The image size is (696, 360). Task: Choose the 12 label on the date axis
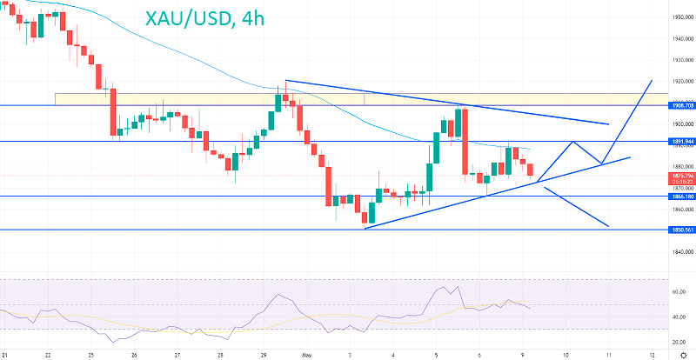click(x=651, y=355)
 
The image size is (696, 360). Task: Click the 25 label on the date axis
click(x=90, y=355)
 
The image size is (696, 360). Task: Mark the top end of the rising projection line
click(x=652, y=80)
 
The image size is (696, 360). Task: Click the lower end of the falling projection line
click(x=608, y=227)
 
